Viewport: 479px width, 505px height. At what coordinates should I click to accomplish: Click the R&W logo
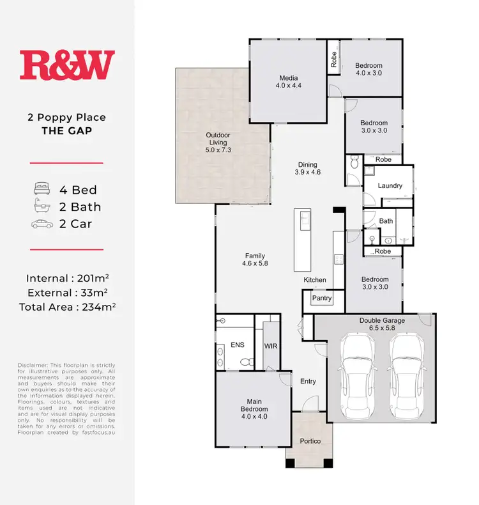pyautogui.click(x=67, y=66)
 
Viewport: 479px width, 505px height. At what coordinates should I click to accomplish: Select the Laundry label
pyautogui.click(x=390, y=186)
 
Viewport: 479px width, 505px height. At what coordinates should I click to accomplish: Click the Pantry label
pyautogui.click(x=321, y=298)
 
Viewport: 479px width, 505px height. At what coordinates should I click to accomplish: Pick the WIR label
pyautogui.click(x=270, y=346)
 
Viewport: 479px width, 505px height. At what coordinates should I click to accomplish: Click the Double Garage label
pyautogui.click(x=379, y=323)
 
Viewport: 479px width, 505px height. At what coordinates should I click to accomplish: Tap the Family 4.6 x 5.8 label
pyautogui.click(x=254, y=259)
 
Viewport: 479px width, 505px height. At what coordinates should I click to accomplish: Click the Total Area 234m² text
pyautogui.click(x=67, y=306)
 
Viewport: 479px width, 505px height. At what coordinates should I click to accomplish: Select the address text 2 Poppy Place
pyautogui.click(x=67, y=118)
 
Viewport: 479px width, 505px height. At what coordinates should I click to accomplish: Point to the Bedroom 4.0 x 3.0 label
pyautogui.click(x=369, y=70)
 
